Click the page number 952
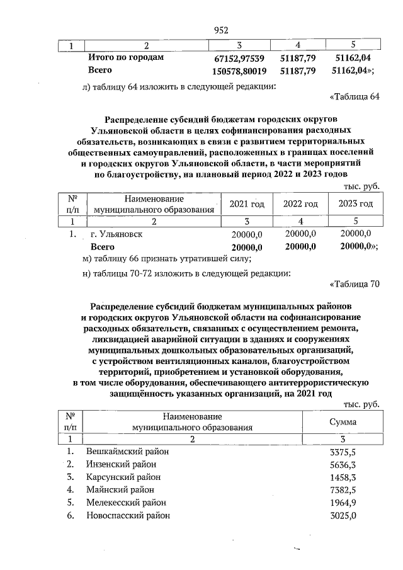[x=220, y=30]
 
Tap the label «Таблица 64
[x=355, y=96]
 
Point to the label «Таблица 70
[x=355, y=283]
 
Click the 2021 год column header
[x=247, y=203]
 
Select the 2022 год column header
[x=300, y=203]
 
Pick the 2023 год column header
[x=355, y=203]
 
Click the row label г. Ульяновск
[x=116, y=234]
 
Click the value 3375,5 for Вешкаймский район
[x=343, y=452]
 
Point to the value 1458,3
[x=343, y=477]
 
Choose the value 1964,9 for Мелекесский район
[x=343, y=503]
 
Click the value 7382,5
[x=343, y=489]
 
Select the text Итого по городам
[x=126, y=57]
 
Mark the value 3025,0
[x=343, y=515]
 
